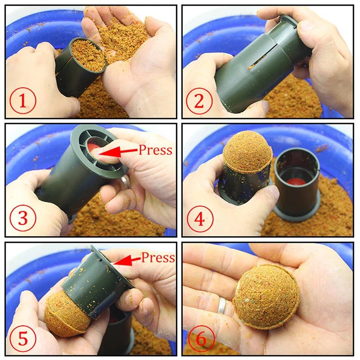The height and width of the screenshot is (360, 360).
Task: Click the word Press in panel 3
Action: pyautogui.click(x=155, y=150)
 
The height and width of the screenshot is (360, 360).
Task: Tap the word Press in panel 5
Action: pyautogui.click(x=157, y=257)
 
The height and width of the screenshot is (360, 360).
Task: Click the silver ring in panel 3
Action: pyautogui.click(x=124, y=182)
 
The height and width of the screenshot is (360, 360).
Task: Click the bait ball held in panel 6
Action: pyautogui.click(x=266, y=296)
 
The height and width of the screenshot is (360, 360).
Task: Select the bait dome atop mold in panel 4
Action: pyautogui.click(x=247, y=152)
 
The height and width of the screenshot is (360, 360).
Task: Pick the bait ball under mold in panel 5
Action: pyautogui.click(x=66, y=313)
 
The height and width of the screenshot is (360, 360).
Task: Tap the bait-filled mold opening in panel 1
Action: pyautogui.click(x=88, y=55)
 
